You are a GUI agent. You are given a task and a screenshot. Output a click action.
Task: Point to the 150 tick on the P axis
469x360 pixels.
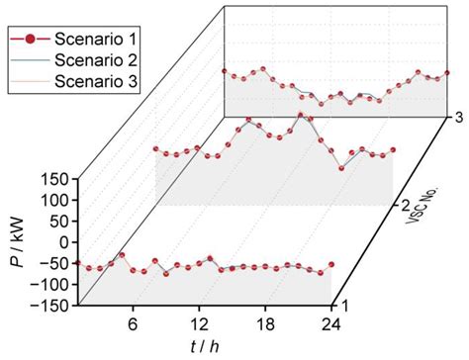click(54, 179)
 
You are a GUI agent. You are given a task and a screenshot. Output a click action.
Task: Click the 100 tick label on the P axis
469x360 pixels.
click(54, 200)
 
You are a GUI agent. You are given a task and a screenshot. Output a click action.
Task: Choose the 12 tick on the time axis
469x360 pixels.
click(199, 322)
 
